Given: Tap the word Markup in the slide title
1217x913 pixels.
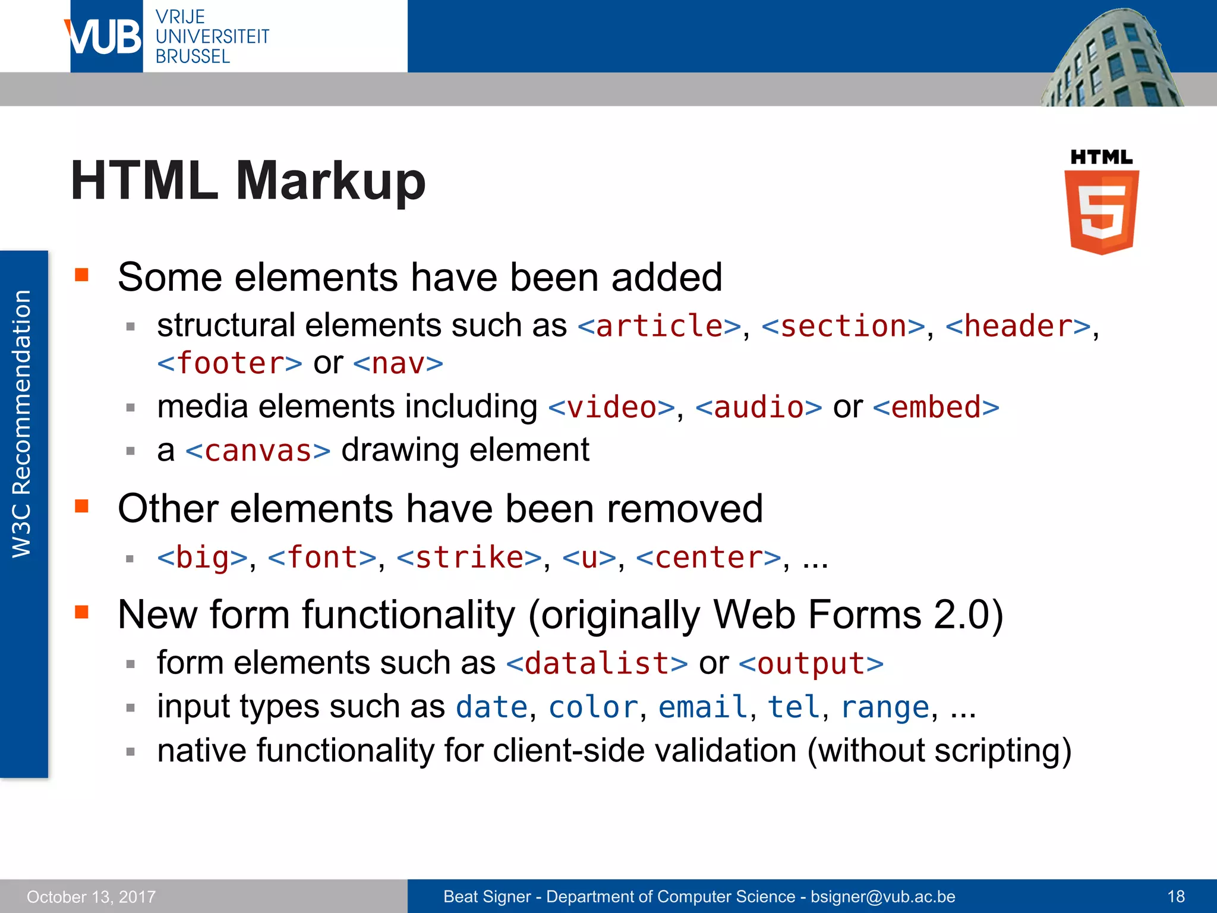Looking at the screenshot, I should [x=330, y=181].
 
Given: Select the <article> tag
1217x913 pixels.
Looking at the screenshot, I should [x=660, y=326].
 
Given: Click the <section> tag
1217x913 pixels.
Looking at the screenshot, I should [x=844, y=326].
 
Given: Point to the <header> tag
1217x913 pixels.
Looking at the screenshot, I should [x=1019, y=326].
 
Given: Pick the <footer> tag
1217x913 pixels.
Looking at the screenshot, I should [x=230, y=363].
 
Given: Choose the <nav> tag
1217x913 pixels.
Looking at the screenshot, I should [x=398, y=363].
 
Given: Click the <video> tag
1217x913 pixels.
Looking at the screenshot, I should [x=611, y=408].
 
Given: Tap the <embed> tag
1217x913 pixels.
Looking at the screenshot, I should [x=937, y=408].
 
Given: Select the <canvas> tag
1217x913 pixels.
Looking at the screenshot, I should [x=258, y=451].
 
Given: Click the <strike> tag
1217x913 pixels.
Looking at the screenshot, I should [x=469, y=558].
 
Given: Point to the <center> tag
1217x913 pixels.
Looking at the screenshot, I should [x=708, y=558].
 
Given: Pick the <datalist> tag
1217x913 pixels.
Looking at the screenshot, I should [x=597, y=663].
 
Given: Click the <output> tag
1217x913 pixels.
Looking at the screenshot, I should [x=811, y=663].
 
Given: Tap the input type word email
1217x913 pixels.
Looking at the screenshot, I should [x=703, y=707].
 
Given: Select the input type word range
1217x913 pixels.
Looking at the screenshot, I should [x=885, y=707].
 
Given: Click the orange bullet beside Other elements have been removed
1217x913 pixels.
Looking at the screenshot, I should [x=81, y=506].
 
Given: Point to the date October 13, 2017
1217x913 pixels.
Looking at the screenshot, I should [x=91, y=896].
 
